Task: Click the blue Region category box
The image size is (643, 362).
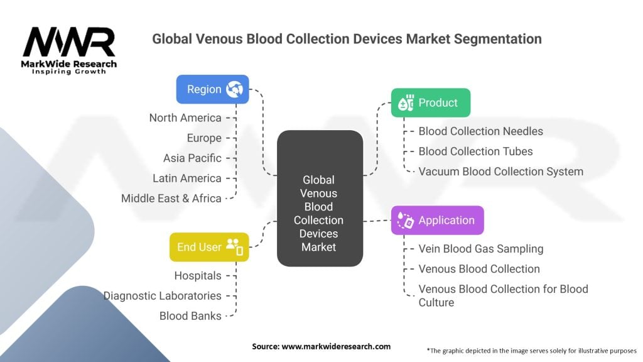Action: pos(212,89)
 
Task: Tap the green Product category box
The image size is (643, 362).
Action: pos(431,102)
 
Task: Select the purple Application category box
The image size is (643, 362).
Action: pos(437,220)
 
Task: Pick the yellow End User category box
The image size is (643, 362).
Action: pos(209,247)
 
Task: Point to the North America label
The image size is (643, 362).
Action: pos(185,118)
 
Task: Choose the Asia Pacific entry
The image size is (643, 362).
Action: pos(192,158)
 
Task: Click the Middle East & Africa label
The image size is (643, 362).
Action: pos(171,198)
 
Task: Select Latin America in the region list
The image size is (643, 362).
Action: pos(187,178)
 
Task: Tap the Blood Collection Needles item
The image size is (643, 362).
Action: pos(480,131)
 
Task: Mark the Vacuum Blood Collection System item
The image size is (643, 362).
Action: pos(500,171)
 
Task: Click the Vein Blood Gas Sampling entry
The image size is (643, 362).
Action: pos(480,248)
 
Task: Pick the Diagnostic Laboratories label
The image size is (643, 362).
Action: pos(163,295)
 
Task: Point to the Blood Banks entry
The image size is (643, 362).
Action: pos(190,315)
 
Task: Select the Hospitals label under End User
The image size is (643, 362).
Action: pos(198,275)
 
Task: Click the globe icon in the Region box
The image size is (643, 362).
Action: pos(235,89)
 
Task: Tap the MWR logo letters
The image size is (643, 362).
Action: pos(69,43)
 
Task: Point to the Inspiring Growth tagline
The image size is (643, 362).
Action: pos(69,72)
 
